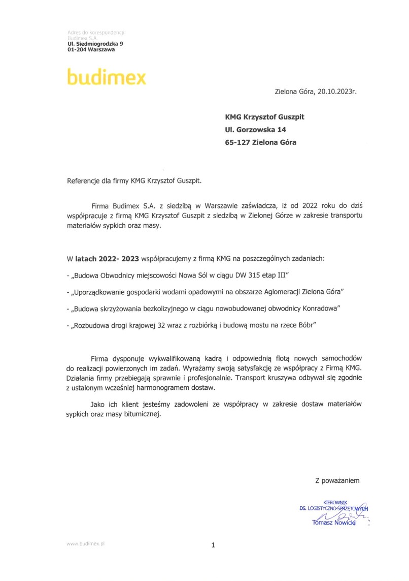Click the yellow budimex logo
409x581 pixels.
tap(106, 77)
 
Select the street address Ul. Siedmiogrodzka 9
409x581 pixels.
tap(94, 44)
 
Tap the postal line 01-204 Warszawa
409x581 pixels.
tap(91, 50)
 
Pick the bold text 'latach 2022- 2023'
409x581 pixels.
tap(107, 258)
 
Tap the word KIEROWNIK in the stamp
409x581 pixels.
tap(335, 502)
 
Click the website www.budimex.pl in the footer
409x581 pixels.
tap(85, 543)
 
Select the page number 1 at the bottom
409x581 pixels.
tap(213, 545)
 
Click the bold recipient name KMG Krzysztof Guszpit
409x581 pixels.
tap(265, 117)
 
